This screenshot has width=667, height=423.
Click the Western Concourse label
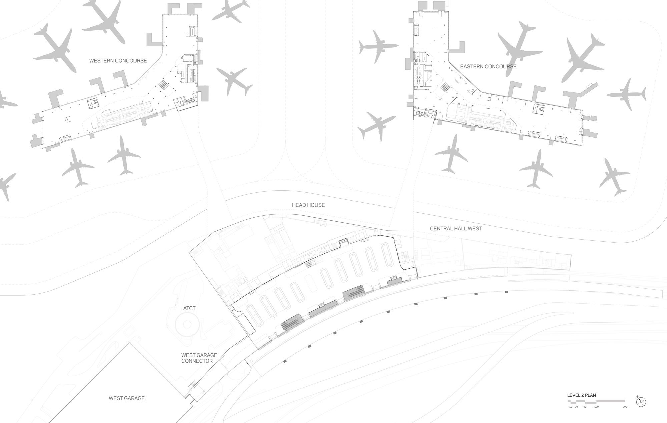click(x=118, y=61)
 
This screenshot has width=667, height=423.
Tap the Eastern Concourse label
click(x=488, y=67)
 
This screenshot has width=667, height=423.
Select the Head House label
click(x=308, y=205)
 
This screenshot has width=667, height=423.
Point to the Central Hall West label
click(x=456, y=229)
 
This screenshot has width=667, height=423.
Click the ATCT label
click(x=189, y=308)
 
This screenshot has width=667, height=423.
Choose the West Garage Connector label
click(x=199, y=358)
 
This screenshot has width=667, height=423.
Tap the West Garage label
click(x=127, y=398)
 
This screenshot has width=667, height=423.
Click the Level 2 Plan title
click(x=581, y=395)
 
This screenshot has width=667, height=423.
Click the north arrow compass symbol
click(x=641, y=402)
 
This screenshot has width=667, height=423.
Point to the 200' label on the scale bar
click(x=624, y=407)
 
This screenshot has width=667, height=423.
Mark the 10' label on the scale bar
click(x=571, y=407)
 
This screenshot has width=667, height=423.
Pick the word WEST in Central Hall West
click(x=475, y=229)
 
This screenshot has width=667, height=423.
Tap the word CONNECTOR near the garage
click(x=197, y=361)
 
